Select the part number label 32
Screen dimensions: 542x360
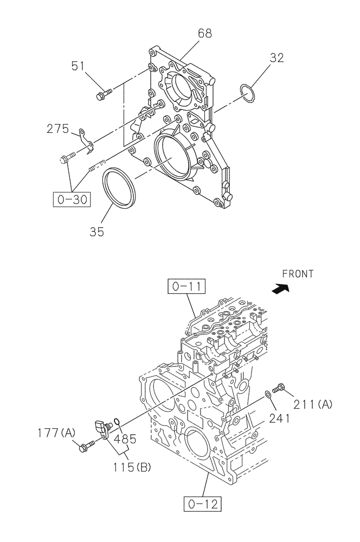pyautogui.click(x=277, y=58)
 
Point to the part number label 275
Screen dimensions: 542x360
pyautogui.click(x=58, y=129)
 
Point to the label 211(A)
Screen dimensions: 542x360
pyautogui.click(x=313, y=403)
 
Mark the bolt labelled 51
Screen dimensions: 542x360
pyautogui.click(x=102, y=95)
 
